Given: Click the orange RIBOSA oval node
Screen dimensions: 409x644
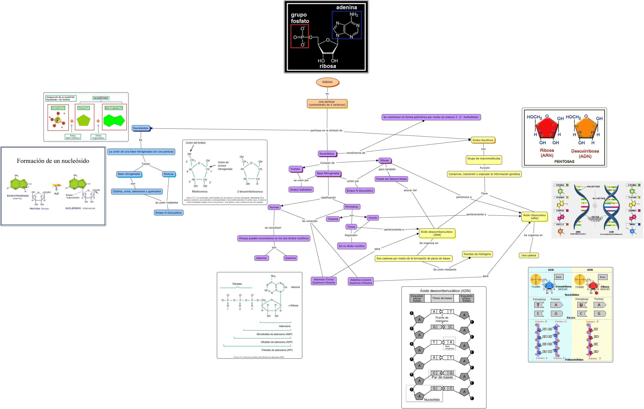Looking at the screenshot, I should (x=327, y=82).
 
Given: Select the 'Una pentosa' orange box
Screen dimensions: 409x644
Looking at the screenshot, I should (x=327, y=103).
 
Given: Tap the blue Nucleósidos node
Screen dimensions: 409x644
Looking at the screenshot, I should (x=141, y=128).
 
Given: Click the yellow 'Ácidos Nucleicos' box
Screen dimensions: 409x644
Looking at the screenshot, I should (x=483, y=140).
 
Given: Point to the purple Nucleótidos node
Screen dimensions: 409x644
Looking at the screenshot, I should (x=327, y=154).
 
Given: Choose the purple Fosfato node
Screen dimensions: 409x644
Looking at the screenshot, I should (x=295, y=169).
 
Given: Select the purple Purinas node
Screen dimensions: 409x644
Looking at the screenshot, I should (x=274, y=207).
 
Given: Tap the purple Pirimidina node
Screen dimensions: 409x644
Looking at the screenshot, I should (x=351, y=207).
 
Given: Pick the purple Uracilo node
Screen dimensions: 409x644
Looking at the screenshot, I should (x=372, y=218).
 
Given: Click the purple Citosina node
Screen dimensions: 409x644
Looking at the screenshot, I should (x=333, y=219).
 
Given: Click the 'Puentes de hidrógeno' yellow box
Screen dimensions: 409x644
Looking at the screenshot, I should (x=477, y=254).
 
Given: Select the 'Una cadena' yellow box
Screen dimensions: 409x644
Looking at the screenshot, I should (x=529, y=255).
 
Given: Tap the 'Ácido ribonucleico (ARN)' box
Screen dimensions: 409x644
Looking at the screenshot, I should (x=534, y=217).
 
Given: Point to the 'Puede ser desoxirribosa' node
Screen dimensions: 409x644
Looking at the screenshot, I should (x=391, y=179).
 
